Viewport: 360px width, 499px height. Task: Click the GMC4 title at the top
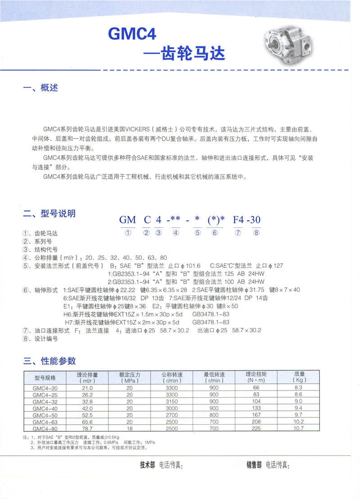coord(132,34)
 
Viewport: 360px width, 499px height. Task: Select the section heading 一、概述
coord(41,88)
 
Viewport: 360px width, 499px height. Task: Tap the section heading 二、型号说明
coord(49,213)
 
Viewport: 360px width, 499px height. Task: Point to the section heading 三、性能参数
coord(49,361)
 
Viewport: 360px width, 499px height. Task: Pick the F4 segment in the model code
coord(238,220)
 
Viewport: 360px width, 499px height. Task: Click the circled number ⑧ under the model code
coord(256,233)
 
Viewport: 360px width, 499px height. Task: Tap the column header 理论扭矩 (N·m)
coord(256,377)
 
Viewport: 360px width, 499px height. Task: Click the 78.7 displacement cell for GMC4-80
coord(87,428)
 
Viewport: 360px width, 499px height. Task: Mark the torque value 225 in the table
coord(256,428)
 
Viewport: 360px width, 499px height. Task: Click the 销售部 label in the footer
coord(254,465)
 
